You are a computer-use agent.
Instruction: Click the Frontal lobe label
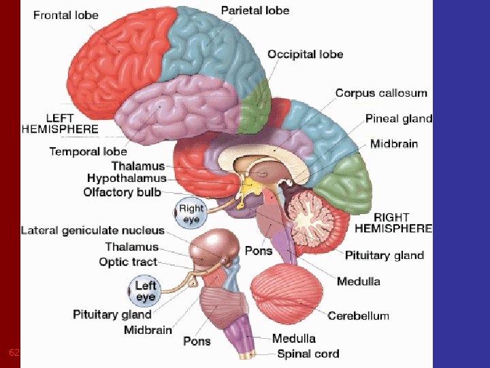(66, 15)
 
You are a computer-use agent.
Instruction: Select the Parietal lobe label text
(255, 10)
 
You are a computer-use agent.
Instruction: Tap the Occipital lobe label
(305, 55)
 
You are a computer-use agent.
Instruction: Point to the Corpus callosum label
(381, 93)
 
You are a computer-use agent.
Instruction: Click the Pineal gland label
(399, 119)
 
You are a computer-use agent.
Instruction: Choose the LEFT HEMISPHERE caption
(60, 123)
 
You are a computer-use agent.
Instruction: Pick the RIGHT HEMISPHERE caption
(393, 222)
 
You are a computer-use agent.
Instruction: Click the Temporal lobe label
(88, 151)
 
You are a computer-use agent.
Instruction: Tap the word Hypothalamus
(127, 179)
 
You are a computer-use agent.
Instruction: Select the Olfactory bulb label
(122, 192)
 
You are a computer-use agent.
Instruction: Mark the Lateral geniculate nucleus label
(93, 230)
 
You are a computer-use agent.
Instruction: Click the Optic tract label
(128, 262)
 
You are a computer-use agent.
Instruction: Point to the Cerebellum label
(359, 316)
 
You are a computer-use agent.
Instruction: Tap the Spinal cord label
(308, 353)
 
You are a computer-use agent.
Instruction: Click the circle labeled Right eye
(191, 214)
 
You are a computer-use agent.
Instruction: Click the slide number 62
(14, 352)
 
